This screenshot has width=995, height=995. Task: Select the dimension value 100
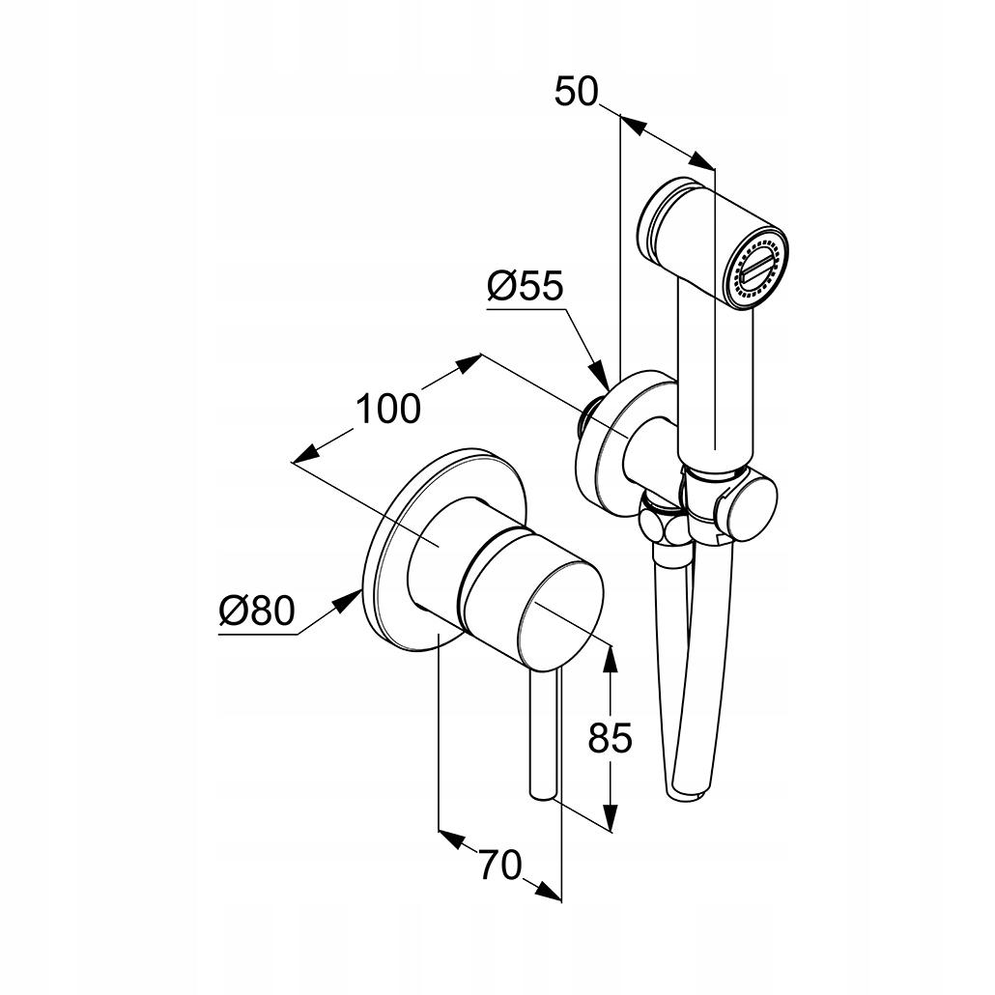[388, 409]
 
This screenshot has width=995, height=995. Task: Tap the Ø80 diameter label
[256, 611]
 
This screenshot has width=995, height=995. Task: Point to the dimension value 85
[611, 738]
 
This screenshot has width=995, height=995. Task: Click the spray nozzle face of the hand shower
[759, 271]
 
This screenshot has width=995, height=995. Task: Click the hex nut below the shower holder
[661, 526]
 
